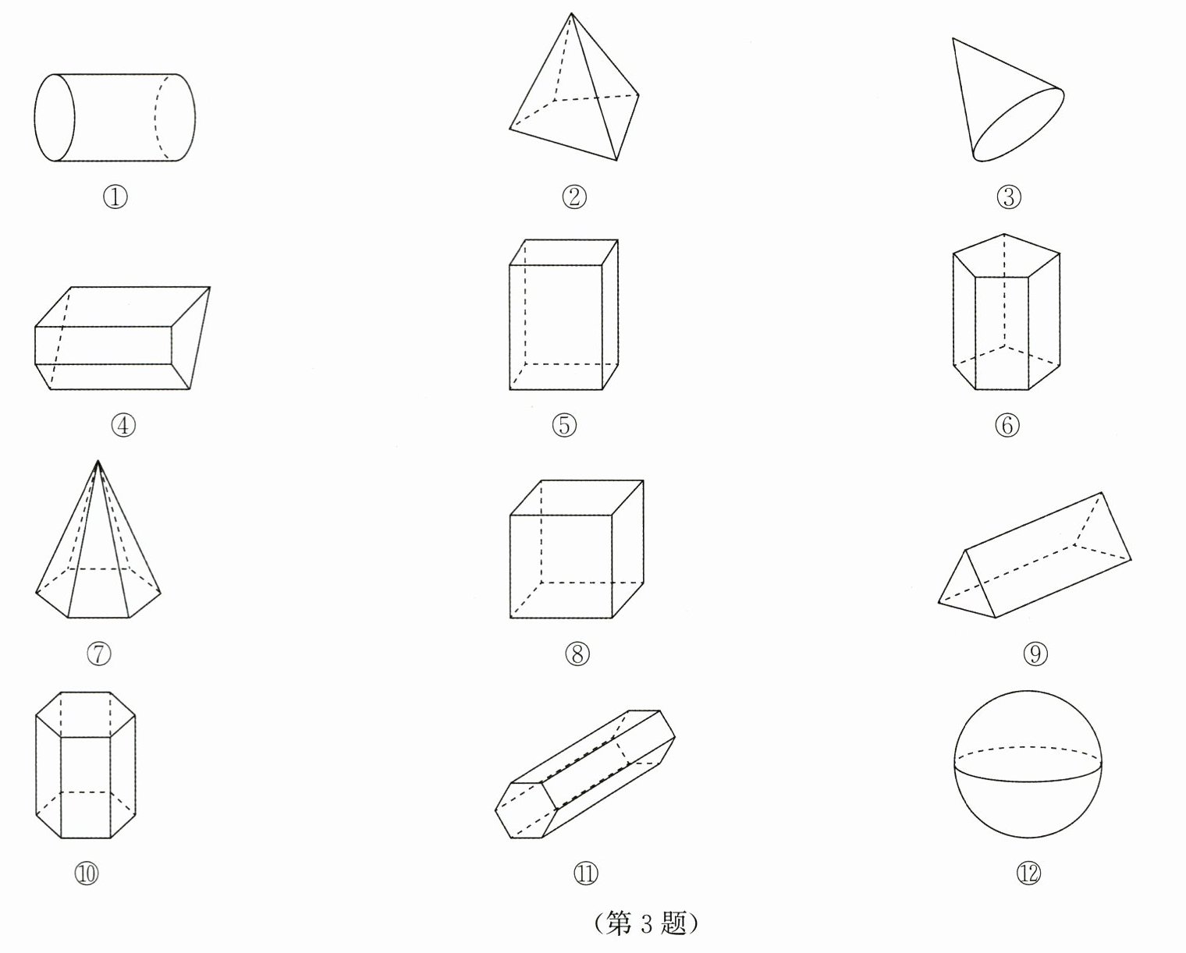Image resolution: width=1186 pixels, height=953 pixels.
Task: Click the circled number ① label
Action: pyautogui.click(x=115, y=197)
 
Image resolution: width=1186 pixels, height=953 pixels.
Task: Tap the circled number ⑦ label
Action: pyautogui.click(x=99, y=653)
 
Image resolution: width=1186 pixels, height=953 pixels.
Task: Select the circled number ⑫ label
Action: pyautogui.click(x=1028, y=874)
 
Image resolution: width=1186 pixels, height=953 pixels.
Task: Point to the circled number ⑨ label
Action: pyautogui.click(x=1035, y=654)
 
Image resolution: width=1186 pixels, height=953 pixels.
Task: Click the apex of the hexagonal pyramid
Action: pyautogui.click(x=98, y=462)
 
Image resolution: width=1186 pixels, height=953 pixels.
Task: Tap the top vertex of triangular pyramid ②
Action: pyautogui.click(x=572, y=14)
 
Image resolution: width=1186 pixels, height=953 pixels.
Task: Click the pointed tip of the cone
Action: pyautogui.click(x=953, y=39)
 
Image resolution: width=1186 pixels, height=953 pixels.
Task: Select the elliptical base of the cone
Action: pyautogui.click(x=1018, y=125)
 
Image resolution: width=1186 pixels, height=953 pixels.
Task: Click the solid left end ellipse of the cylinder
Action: pyautogui.click(x=55, y=118)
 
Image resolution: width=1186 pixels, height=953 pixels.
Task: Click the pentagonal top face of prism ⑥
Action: pyautogui.click(x=1007, y=253)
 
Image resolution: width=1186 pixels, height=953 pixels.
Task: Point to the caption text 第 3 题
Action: pyautogui.click(x=645, y=923)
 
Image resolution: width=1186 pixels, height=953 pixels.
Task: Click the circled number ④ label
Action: pyautogui.click(x=123, y=425)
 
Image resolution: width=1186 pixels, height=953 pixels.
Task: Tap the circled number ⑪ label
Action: pyautogui.click(x=585, y=873)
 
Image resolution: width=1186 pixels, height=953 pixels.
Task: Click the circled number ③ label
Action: pyautogui.click(x=1009, y=197)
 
